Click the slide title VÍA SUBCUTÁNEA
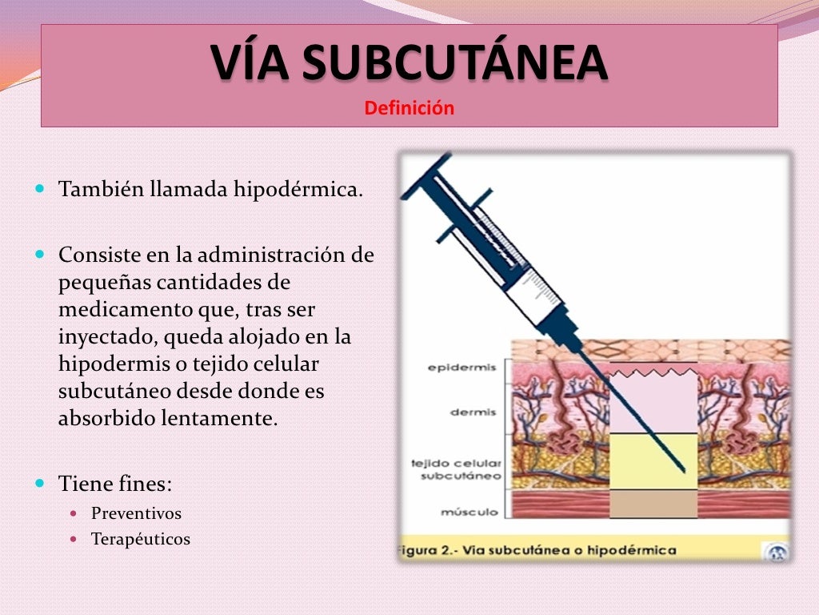click(x=409, y=64)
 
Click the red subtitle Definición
click(x=409, y=107)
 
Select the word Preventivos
click(x=136, y=513)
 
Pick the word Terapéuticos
click(x=141, y=539)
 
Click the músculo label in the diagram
click(x=469, y=512)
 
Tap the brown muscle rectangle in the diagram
click(x=653, y=504)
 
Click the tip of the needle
click(x=685, y=470)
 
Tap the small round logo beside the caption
click(x=777, y=552)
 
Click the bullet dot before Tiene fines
click(x=41, y=484)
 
